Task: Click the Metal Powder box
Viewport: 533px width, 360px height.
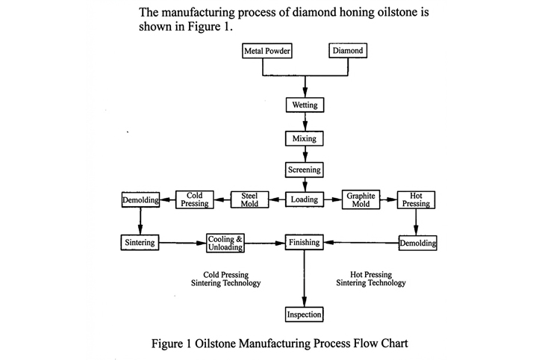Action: (x=266, y=52)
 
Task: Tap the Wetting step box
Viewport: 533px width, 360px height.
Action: (x=304, y=105)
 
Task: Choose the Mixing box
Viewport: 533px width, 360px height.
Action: (x=304, y=139)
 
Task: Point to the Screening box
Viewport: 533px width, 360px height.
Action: (x=304, y=170)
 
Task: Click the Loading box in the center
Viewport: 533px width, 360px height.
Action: (x=304, y=199)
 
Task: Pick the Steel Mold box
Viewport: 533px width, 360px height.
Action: (x=249, y=199)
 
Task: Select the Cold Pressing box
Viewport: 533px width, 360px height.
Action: (x=195, y=199)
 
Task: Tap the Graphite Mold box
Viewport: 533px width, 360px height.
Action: (x=360, y=199)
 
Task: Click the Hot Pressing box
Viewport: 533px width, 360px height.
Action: (x=417, y=199)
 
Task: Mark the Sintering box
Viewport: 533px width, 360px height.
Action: (x=140, y=243)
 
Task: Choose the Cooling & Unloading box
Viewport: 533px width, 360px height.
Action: (x=225, y=243)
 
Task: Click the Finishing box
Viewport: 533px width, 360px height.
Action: (x=304, y=243)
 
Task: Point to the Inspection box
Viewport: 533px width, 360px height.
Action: (x=304, y=314)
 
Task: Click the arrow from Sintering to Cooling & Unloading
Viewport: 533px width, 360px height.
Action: (x=183, y=243)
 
